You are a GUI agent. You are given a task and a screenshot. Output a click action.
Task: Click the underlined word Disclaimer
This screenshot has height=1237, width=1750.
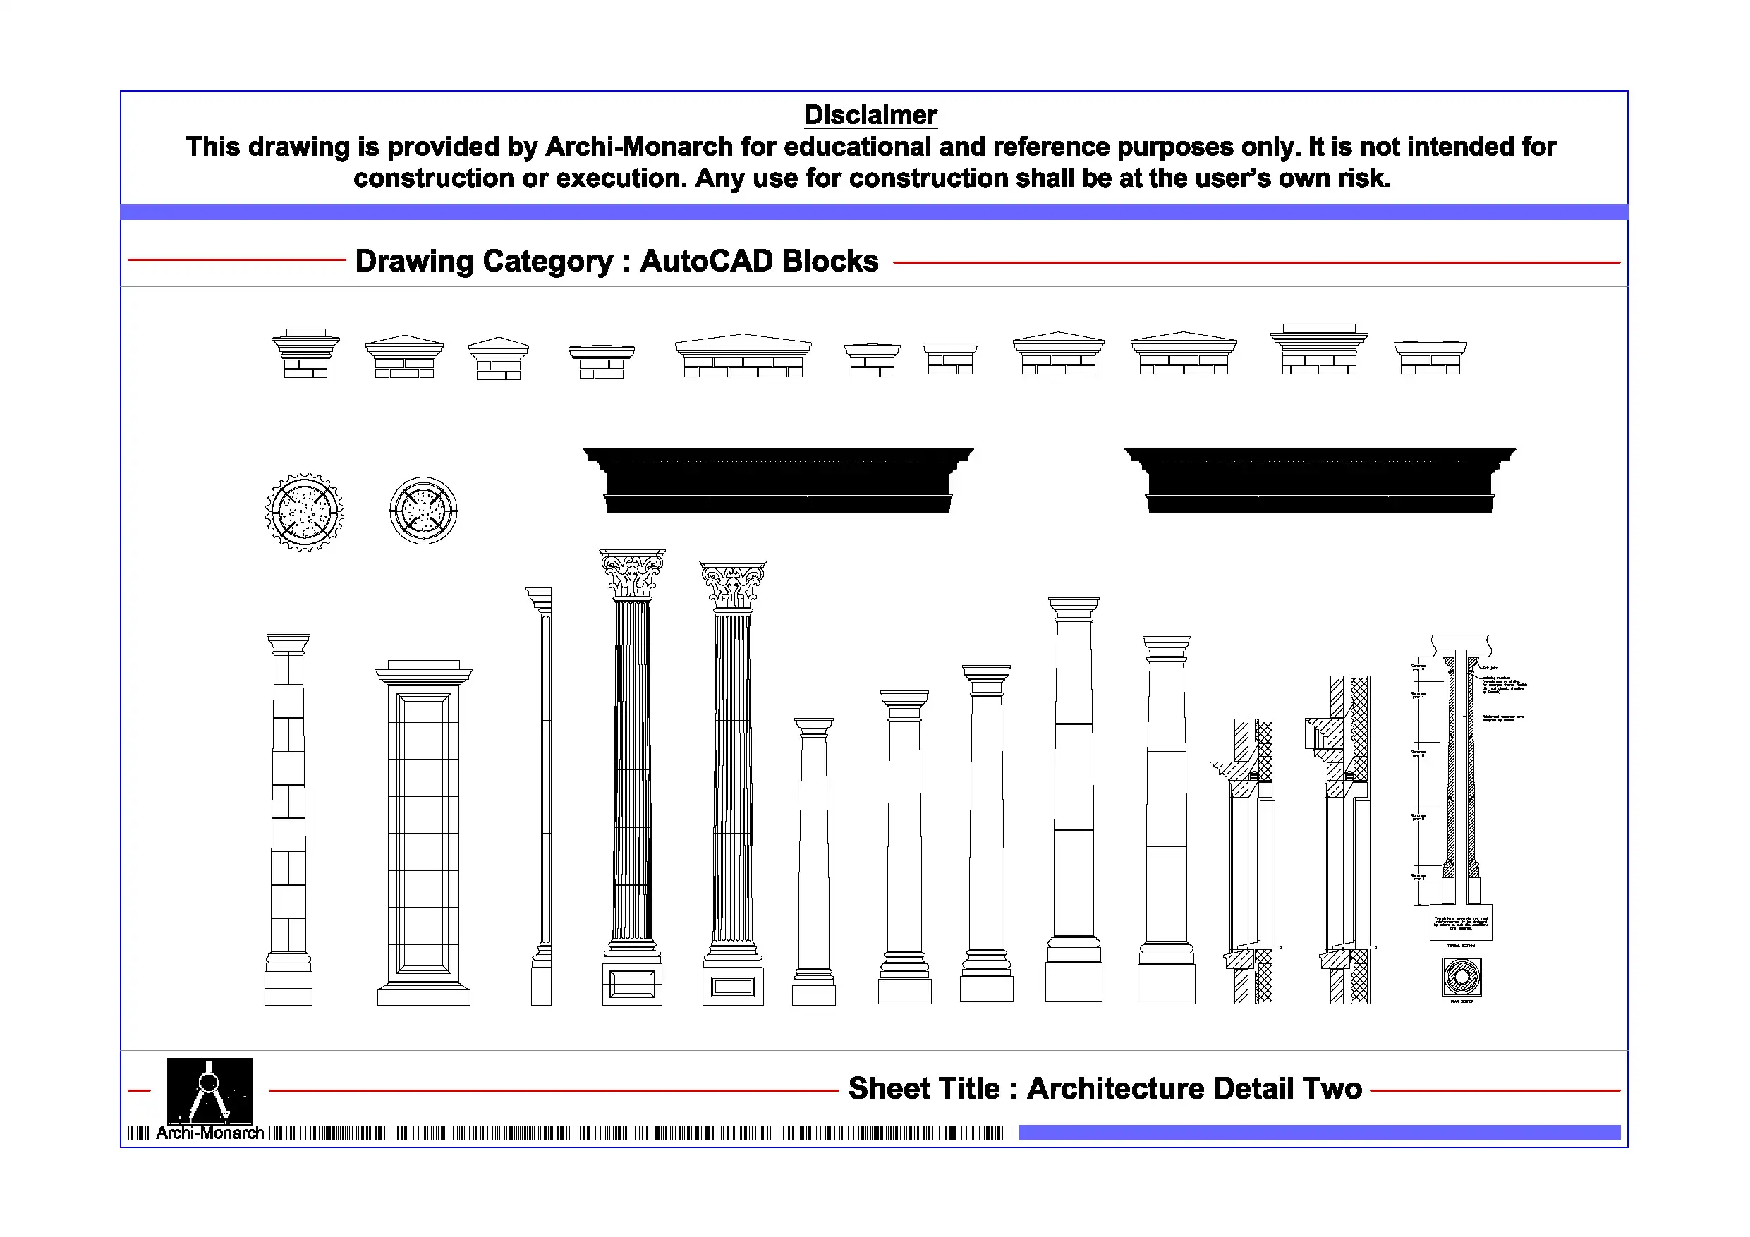click(870, 115)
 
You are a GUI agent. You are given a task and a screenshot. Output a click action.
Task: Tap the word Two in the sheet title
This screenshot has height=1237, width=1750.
click(1331, 1088)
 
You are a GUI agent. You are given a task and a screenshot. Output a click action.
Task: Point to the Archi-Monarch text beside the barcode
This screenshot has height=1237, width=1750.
click(209, 1133)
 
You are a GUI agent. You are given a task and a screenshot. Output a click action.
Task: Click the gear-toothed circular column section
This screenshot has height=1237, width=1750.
click(304, 512)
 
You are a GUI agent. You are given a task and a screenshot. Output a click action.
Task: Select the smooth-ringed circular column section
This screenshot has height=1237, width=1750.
click(423, 511)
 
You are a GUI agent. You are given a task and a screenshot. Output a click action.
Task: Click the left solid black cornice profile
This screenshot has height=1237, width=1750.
click(777, 480)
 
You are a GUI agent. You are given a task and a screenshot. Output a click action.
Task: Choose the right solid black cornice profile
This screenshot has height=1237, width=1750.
click(1319, 480)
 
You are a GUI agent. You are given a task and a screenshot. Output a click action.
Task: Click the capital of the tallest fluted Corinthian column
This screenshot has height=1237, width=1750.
click(632, 574)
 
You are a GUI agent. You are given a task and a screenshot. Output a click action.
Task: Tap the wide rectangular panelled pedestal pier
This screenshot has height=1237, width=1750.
click(423, 834)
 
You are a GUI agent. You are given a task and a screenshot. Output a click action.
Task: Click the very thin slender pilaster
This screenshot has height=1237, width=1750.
click(542, 793)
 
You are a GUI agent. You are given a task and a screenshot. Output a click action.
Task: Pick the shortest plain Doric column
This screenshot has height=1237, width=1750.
click(814, 861)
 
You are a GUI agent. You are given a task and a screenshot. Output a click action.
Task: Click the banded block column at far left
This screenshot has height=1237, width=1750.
click(288, 819)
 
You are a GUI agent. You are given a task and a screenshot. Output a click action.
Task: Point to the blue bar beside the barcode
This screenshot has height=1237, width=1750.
click(1318, 1132)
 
